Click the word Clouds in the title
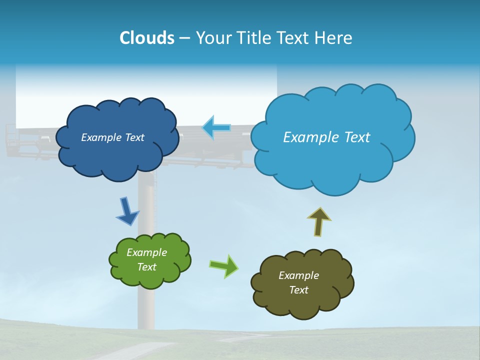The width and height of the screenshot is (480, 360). [146, 38]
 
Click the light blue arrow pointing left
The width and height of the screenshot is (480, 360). [216, 128]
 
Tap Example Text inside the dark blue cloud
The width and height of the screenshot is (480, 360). [112, 137]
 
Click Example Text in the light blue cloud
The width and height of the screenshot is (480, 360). [326, 137]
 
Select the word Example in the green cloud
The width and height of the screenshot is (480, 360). [146, 252]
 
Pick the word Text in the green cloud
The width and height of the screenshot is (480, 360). [146, 267]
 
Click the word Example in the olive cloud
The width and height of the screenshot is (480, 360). [298, 275]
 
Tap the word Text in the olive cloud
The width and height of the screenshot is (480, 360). [298, 290]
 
